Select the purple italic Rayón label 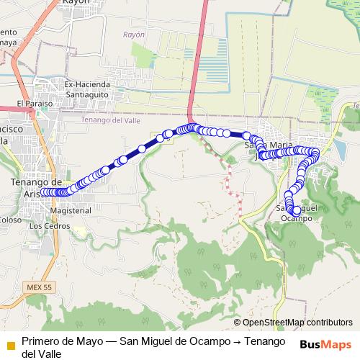point(134,35)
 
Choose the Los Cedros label point(50,225)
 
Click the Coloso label point(10,220)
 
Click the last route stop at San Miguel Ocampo point(296,210)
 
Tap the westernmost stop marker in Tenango point(43,192)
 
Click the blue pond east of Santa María point(340,149)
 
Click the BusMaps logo point(325,344)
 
